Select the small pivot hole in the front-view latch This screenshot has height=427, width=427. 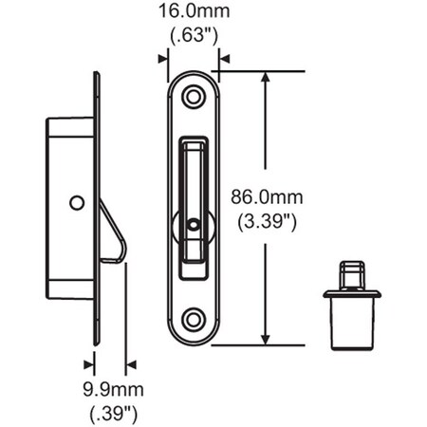coord(194,225)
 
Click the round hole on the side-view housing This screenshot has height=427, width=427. coord(76,202)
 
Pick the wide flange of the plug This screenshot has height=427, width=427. coord(351,294)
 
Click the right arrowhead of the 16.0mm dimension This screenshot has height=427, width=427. coord(225,58)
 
